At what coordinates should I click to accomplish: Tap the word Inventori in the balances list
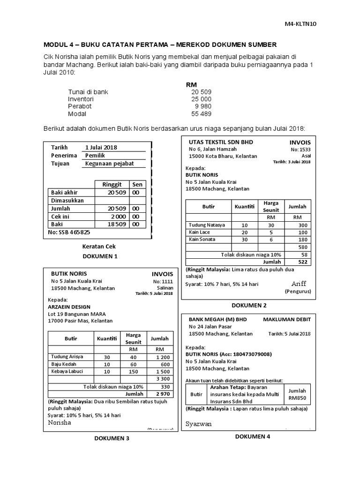tap(81, 99)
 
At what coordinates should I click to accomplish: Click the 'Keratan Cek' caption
tap(99, 246)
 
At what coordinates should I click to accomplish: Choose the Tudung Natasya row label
tap(206, 225)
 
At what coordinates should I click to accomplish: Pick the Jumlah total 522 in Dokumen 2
tap(302, 262)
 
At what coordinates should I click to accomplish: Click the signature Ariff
tap(298, 284)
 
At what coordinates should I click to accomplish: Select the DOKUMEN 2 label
tap(249, 305)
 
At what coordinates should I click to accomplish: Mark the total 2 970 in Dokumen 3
tap(160, 394)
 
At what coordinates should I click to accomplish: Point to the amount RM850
tap(297, 398)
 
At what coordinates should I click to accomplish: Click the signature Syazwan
tap(198, 424)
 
